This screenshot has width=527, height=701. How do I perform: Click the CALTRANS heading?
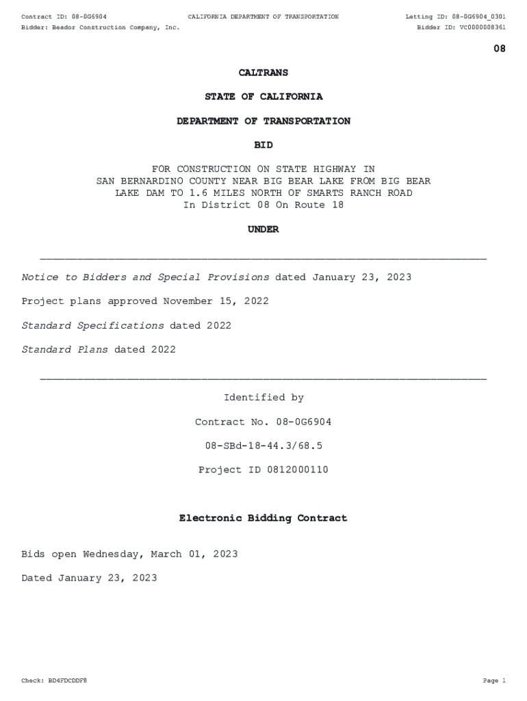point(263,73)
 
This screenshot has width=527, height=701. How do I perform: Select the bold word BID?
point(263,145)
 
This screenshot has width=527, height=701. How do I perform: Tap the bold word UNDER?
point(263,230)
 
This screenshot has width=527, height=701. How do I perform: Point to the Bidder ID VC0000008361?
point(480,27)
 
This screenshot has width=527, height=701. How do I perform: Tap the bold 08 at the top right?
point(500,49)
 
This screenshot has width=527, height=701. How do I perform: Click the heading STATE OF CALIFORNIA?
point(263,97)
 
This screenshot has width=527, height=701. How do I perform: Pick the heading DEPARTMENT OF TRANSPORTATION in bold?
point(263,121)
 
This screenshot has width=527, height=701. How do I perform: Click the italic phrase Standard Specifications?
point(93,326)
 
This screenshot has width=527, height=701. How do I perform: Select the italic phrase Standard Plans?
point(65,350)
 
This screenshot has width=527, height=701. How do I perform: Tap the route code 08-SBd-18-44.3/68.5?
point(263,446)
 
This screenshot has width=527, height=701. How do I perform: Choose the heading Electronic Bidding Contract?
point(263,518)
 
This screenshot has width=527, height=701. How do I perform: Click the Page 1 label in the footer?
point(493,681)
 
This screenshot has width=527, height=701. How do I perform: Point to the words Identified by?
point(263,398)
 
